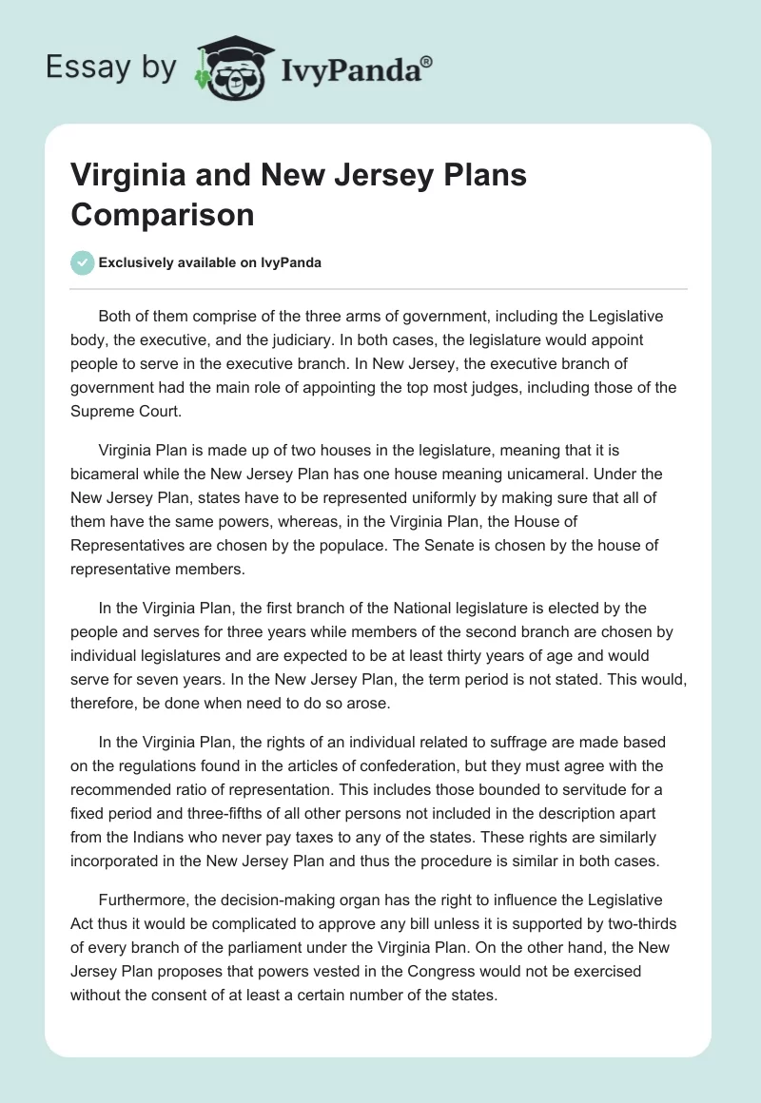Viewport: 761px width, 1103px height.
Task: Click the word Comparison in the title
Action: click(162, 214)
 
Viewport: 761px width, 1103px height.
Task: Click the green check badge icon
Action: click(83, 263)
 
